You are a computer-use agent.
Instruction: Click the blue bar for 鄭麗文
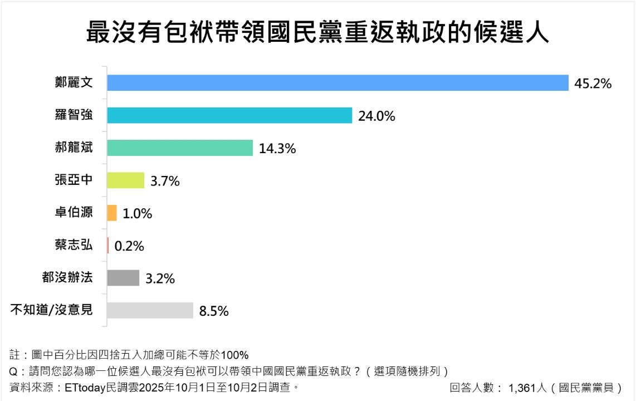pyautogui.click(x=337, y=83)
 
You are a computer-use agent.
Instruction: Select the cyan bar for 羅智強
pyautogui.click(x=229, y=115)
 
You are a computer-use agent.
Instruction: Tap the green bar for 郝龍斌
pyautogui.click(x=179, y=148)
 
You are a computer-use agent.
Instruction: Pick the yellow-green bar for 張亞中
pyautogui.click(x=125, y=180)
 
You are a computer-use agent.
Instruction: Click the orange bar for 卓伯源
pyautogui.click(x=111, y=213)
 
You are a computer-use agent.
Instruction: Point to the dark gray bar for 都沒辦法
pyautogui.click(x=123, y=278)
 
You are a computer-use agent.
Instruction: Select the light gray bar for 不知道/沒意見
pyautogui.click(x=149, y=310)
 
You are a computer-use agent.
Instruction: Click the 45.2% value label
pyautogui.click(x=593, y=84)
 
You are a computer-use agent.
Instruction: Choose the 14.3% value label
pyautogui.click(x=277, y=149)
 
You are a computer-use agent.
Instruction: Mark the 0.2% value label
pyautogui.click(x=129, y=246)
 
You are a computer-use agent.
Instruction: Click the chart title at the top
pyautogui.click(x=317, y=33)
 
